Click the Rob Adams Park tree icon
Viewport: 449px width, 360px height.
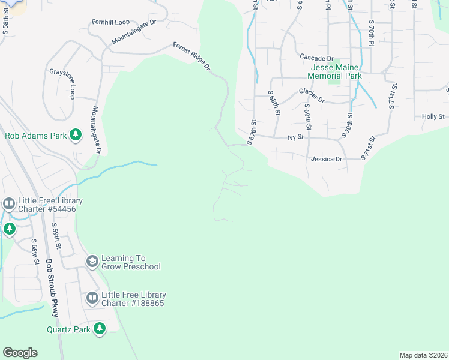(76, 136)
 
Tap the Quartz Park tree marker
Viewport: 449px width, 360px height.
(100, 329)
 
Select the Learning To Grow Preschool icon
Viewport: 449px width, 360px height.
(92, 262)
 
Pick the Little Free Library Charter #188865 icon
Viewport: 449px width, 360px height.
(92, 298)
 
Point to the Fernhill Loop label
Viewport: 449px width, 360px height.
(110, 22)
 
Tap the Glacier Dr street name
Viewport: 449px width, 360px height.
(312, 95)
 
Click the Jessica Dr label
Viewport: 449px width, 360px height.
(327, 159)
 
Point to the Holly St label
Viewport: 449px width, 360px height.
(433, 116)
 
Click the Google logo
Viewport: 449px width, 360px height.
(20, 353)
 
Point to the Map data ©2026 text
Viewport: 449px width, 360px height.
(423, 355)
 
